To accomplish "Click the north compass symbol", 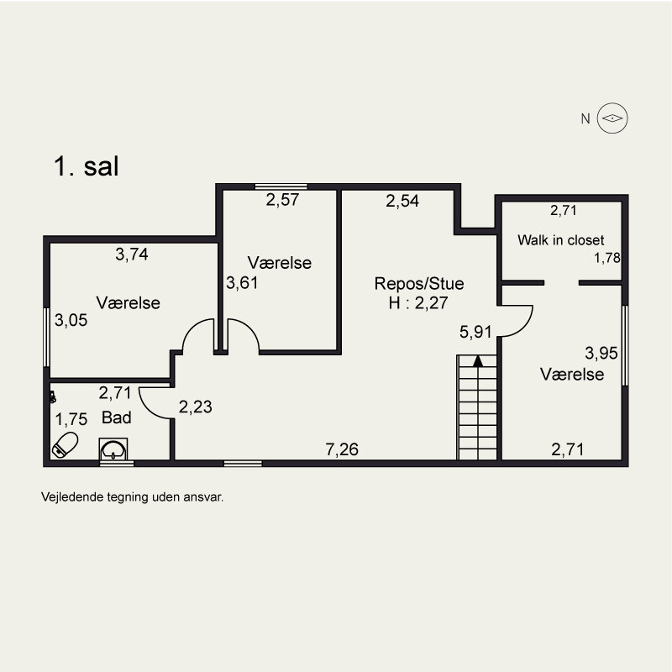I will [613, 118].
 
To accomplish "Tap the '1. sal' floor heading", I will [87, 166].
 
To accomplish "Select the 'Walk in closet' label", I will [560, 240].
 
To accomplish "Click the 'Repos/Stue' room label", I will [419, 283].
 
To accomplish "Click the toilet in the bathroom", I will [65, 444].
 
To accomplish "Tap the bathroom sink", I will [114, 450].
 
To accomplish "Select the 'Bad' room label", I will [116, 417].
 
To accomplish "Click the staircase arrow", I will [477, 361].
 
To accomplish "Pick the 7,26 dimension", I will [342, 450].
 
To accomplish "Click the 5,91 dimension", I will [475, 333].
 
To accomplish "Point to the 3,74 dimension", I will [132, 255].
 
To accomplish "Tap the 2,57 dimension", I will [283, 200].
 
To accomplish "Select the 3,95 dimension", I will [601, 352].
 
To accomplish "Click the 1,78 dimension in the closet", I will [606, 258].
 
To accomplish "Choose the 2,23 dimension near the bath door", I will [196, 407].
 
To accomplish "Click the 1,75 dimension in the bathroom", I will [71, 418].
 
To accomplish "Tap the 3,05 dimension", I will [71, 320].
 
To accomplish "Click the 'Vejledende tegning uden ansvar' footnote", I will [133, 496].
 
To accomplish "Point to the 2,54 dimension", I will [402, 201].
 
